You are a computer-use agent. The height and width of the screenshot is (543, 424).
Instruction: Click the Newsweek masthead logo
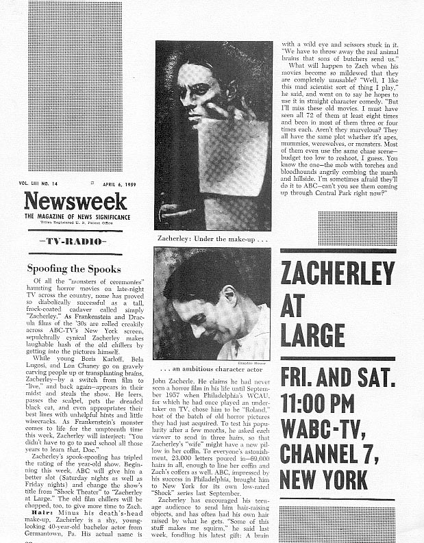click(x=75, y=201)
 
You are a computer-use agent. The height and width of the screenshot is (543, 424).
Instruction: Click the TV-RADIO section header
click(x=73, y=242)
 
